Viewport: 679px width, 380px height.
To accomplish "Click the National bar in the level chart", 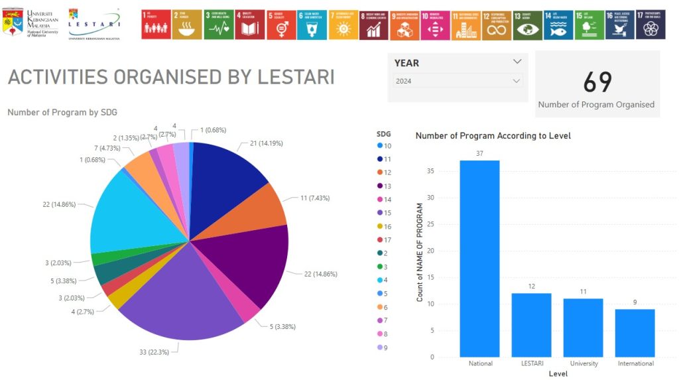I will click(479, 259).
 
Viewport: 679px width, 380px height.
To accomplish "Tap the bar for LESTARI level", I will click(531, 325).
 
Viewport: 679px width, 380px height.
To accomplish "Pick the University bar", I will click(583, 328).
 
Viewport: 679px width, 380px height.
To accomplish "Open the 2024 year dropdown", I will click(456, 81).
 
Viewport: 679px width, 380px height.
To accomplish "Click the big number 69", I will click(597, 82).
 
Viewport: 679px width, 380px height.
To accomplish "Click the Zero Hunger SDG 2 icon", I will click(186, 25).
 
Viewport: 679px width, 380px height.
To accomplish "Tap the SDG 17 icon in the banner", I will click(650, 25).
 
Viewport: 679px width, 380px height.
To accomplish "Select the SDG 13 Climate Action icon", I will click(527, 25).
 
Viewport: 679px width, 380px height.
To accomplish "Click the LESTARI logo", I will click(94, 25).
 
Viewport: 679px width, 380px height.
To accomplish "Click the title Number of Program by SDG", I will click(62, 113).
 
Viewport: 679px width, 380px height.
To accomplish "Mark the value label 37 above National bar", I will click(479, 153).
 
